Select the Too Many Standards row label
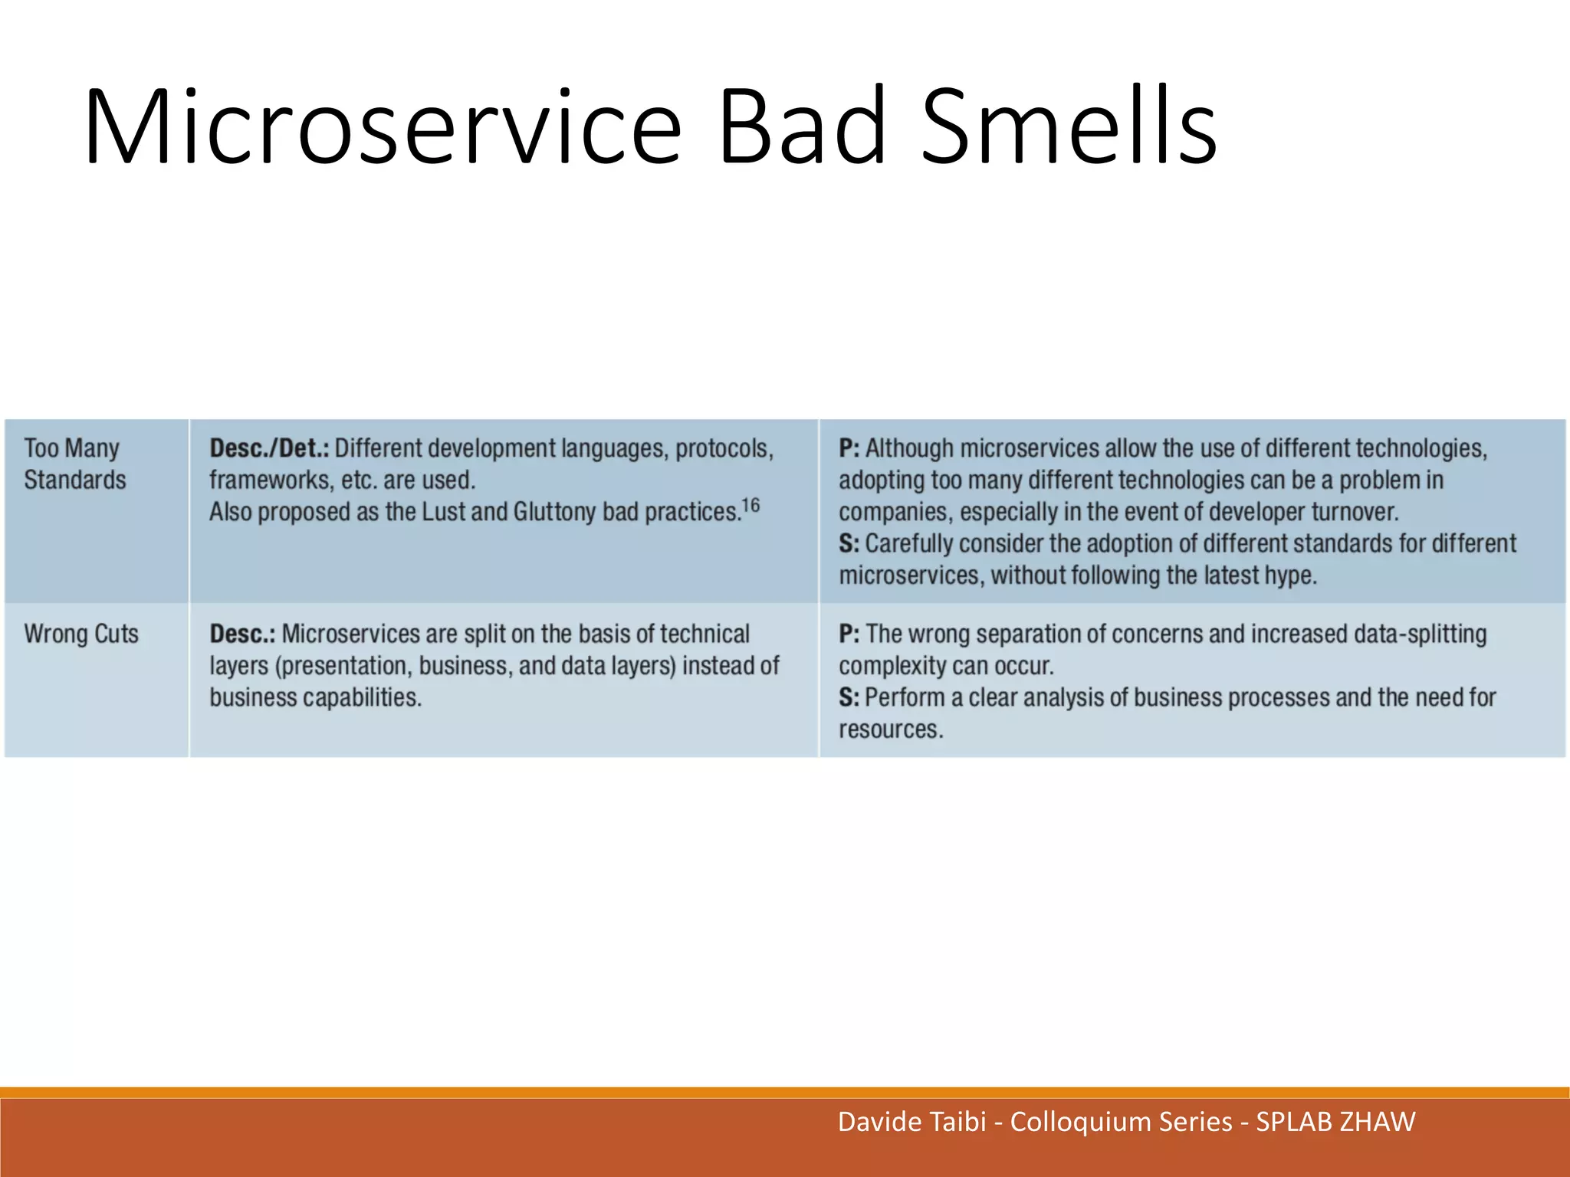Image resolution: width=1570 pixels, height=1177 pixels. (x=74, y=464)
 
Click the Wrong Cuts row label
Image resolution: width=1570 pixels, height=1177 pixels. (x=81, y=634)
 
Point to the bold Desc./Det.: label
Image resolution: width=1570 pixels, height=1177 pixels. (x=269, y=448)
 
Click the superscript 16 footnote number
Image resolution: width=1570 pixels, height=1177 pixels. (x=751, y=505)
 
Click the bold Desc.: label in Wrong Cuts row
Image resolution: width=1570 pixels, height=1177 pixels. (x=242, y=634)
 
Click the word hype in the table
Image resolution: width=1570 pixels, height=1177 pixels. (x=1292, y=575)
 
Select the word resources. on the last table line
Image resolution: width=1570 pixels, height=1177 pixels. (x=890, y=729)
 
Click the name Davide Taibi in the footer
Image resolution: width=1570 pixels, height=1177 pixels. (x=911, y=1122)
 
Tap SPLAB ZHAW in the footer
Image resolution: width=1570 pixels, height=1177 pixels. (x=1335, y=1122)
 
